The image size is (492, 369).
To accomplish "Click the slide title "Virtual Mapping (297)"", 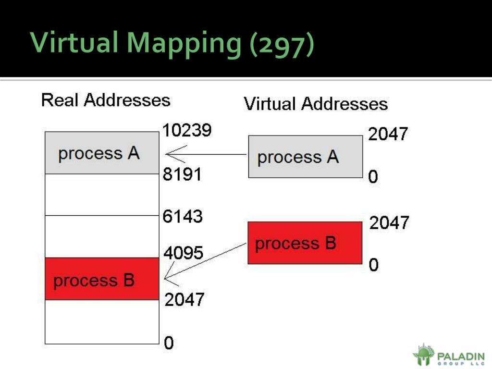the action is tap(172, 43).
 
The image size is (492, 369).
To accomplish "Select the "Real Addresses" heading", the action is tap(106, 100).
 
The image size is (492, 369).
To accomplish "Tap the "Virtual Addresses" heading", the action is tap(316, 104).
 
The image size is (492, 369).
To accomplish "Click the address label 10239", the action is tap(187, 131).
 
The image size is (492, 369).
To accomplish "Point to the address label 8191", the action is tap(182, 174).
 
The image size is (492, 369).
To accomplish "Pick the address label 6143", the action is tap(183, 217).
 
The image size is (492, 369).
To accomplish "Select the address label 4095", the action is tap(183, 253).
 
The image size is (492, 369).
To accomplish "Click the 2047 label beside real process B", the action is tap(184, 300).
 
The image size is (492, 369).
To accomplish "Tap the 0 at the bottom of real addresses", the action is tap(169, 343).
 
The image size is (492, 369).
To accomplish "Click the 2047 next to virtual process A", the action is tap(388, 134).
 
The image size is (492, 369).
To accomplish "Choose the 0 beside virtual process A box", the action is tap(373, 177).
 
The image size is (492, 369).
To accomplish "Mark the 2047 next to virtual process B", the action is tap(389, 223).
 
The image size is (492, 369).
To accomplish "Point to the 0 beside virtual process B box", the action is tap(373, 265).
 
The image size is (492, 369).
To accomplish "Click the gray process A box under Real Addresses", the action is tap(102, 153).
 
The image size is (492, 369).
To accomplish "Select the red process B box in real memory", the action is tap(102, 279).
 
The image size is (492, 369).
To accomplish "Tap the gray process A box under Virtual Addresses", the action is tap(305, 157).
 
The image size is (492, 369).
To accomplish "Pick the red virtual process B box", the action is tap(305, 243).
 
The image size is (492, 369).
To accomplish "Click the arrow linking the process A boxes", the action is tap(206, 155).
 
